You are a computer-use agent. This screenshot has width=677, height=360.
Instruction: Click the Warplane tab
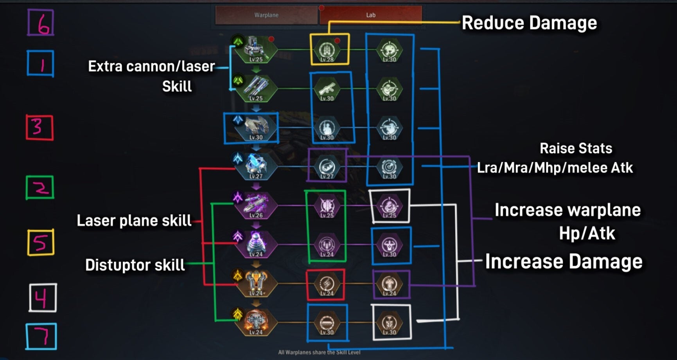(x=266, y=15)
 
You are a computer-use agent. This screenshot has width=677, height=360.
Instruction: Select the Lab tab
(x=370, y=15)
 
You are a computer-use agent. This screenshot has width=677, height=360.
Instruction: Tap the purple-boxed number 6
(x=41, y=23)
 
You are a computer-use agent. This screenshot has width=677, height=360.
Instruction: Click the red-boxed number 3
(x=40, y=128)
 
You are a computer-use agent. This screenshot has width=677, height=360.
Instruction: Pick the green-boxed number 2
(x=40, y=187)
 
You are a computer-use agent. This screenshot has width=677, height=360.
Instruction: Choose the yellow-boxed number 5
(x=41, y=243)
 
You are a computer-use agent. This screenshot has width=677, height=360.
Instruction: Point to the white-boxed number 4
(x=43, y=298)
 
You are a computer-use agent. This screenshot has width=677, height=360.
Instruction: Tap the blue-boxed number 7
(x=41, y=336)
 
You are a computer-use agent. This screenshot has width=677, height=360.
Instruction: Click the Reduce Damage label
(x=529, y=23)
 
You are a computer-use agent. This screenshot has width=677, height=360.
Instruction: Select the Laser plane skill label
(x=134, y=221)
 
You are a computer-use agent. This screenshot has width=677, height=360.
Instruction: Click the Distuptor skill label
(x=135, y=265)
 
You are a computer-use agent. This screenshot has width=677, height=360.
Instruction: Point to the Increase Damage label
(x=564, y=261)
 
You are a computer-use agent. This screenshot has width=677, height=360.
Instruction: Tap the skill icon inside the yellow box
(x=327, y=50)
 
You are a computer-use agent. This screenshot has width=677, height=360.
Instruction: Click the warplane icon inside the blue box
(x=256, y=128)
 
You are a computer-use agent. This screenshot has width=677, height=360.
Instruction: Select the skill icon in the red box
(x=326, y=284)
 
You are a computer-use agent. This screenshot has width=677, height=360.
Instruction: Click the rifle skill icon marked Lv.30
(x=327, y=89)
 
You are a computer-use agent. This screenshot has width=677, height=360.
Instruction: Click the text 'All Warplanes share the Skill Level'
(x=319, y=353)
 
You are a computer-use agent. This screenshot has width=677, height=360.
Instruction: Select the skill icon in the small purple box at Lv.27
(x=327, y=167)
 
